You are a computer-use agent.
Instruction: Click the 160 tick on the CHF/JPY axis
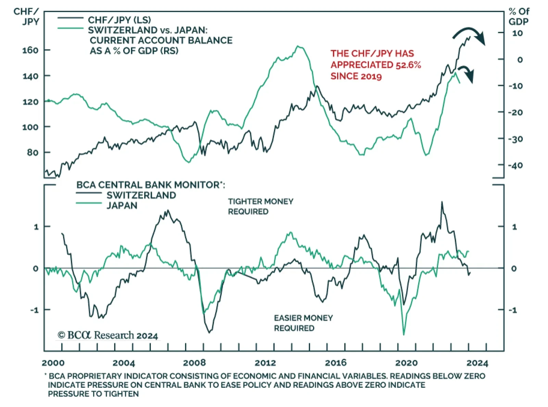click(x=30, y=50)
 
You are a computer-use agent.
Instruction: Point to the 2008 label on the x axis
click(x=194, y=363)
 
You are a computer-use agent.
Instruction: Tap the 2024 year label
click(x=477, y=363)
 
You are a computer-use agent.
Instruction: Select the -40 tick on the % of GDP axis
click(x=515, y=165)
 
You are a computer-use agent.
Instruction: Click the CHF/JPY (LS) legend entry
click(x=119, y=20)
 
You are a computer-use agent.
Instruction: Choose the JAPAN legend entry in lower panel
click(x=122, y=206)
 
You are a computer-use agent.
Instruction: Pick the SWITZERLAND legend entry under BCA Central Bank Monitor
click(x=141, y=195)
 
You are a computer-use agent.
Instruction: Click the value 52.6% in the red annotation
click(x=408, y=65)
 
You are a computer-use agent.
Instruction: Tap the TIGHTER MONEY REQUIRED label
click(x=260, y=206)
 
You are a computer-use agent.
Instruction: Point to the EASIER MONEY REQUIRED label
click(x=303, y=323)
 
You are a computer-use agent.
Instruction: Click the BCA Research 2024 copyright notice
click(x=108, y=335)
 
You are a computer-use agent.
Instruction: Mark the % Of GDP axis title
click(x=519, y=16)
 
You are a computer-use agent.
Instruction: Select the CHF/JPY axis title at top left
click(x=26, y=16)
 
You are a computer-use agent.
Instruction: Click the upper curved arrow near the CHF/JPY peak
click(x=470, y=34)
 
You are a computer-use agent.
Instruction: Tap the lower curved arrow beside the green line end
click(x=466, y=73)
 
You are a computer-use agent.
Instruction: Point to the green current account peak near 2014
click(x=298, y=46)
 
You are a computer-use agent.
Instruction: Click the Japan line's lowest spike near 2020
click(x=404, y=334)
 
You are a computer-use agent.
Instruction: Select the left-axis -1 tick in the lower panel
click(x=34, y=310)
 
